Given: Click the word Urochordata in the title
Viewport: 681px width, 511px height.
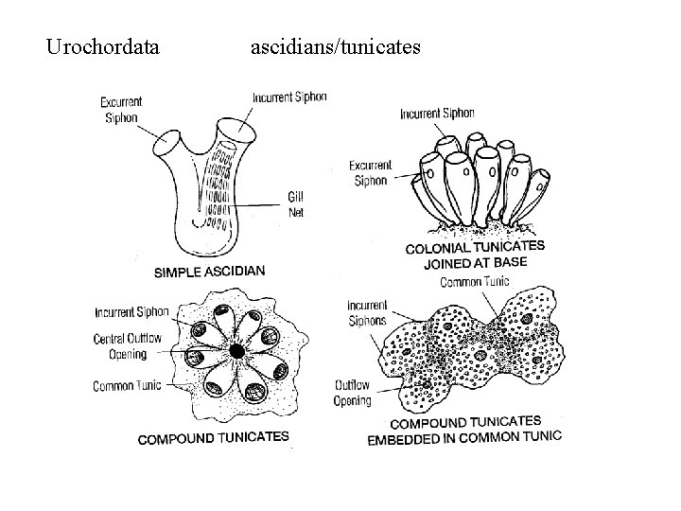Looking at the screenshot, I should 103,44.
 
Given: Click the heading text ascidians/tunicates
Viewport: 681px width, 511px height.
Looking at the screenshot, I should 336,44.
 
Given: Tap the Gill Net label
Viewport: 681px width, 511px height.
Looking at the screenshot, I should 296,203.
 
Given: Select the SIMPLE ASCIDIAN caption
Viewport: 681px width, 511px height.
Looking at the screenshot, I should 209,272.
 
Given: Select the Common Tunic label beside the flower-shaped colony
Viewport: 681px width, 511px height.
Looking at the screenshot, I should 128,385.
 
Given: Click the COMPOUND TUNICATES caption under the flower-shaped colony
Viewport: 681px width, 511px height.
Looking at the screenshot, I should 213,438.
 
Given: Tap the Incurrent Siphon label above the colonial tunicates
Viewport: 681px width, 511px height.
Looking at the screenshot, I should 437,115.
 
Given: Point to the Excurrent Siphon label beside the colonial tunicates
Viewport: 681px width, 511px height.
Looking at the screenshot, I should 371,173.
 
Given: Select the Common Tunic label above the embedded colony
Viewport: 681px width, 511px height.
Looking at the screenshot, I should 475,281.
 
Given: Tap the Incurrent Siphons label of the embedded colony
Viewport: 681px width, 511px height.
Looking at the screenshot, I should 367,311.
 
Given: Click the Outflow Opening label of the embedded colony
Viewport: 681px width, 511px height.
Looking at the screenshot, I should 352,393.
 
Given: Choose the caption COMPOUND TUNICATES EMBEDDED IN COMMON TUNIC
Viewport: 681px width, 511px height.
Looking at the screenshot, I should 463,429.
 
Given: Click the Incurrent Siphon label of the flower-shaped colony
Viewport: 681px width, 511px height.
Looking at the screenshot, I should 131,312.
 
